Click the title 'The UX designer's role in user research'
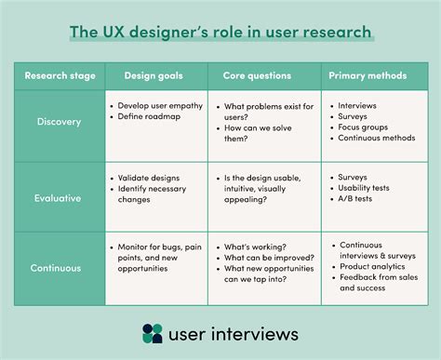click(x=220, y=33)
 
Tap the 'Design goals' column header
click(x=154, y=76)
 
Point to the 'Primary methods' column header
click(x=369, y=76)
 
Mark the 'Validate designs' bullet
click(x=153, y=175)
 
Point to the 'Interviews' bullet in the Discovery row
click(x=358, y=107)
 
